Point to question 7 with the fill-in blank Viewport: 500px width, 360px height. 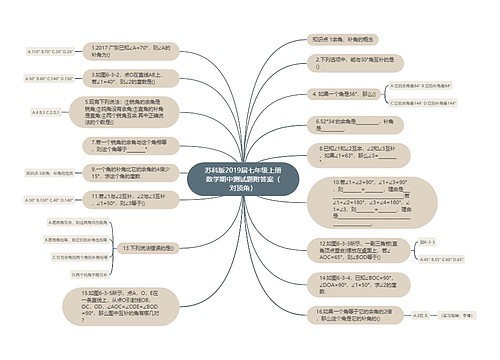pyautogui.click(x=126, y=146)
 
